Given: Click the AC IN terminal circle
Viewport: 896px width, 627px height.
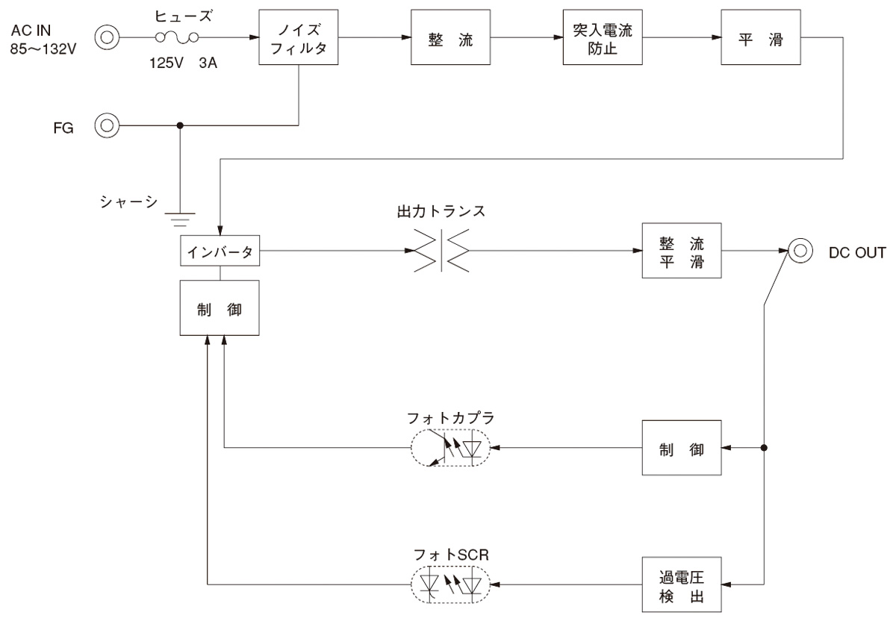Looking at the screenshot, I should [x=107, y=36].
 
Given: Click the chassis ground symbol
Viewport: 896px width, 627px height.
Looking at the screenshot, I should [x=179, y=218].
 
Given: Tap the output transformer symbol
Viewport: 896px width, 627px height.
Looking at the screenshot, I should [x=440, y=252].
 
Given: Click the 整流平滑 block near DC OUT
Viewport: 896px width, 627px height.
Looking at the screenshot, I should [x=682, y=252].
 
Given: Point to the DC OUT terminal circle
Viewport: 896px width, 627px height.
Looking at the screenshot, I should [x=800, y=252].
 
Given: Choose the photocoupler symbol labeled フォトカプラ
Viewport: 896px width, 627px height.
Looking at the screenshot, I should [x=450, y=448].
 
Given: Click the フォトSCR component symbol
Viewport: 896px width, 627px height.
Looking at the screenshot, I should [x=450, y=582].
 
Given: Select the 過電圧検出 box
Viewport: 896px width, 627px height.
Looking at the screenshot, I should [x=682, y=584].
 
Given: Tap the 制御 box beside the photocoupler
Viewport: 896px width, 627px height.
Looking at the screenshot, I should [x=682, y=449].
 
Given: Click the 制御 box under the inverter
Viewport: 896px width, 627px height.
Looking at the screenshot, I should [x=220, y=308].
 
